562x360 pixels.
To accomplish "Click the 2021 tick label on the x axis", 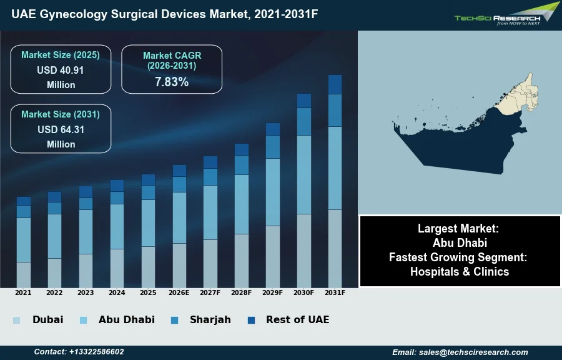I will click(23, 292).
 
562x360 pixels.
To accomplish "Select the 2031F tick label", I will click(335, 292).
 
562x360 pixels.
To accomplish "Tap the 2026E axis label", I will click(179, 292).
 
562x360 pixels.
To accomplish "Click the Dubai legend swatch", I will click(16, 320).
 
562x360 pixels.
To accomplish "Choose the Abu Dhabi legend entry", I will click(126, 319).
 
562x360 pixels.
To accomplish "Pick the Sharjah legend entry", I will click(210, 319).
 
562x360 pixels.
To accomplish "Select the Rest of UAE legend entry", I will click(297, 319).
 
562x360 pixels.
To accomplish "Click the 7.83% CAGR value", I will click(172, 81).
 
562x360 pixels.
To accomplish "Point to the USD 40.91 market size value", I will click(61, 70).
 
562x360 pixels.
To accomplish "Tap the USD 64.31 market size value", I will click(61, 129).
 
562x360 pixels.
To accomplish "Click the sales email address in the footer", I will click(460, 352).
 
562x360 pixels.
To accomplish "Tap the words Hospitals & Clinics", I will click(460, 271).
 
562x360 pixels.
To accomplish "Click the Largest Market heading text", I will click(460, 228).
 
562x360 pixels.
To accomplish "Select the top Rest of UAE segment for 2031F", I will click(335, 84).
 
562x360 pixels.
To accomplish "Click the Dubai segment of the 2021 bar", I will click(23, 274).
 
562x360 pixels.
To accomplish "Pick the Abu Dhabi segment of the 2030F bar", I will click(304, 174).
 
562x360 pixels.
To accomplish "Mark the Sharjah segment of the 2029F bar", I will click(273, 147).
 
